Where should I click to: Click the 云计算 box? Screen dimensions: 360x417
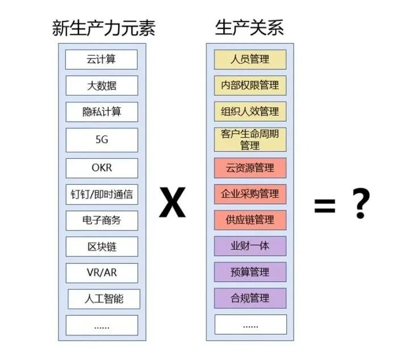tap(101, 59)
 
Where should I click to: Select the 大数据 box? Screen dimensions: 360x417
tap(101, 85)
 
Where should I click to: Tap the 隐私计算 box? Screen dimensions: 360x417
tap(101, 111)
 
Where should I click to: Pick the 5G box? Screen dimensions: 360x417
tap(101, 140)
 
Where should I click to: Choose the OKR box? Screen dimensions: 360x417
tap(101, 168)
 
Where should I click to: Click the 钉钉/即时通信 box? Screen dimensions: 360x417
tap(101, 194)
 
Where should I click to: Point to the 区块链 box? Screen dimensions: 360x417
tap(101, 246)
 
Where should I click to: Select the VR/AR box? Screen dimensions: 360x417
tap(101, 272)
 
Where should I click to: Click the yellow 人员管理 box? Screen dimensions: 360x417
tap(250, 59)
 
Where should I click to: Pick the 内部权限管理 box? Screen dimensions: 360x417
tap(250, 85)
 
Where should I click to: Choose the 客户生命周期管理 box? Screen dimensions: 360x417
tap(250, 139)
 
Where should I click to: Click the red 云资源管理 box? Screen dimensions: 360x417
tap(250, 168)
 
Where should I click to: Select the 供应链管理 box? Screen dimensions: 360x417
tap(250, 220)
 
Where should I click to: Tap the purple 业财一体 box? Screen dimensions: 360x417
tap(250, 246)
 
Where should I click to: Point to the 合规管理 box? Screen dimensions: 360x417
tap(250, 298)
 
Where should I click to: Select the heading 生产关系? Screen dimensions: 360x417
tap(249, 27)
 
